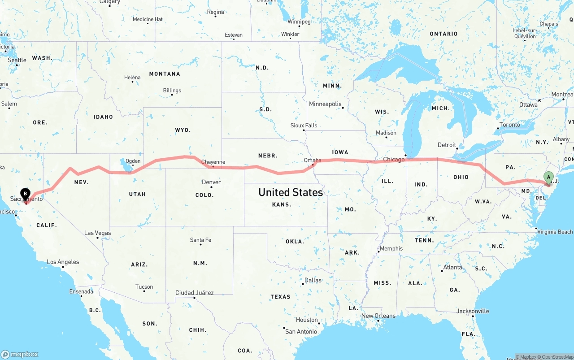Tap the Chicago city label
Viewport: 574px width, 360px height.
393,160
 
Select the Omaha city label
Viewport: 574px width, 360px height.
313,160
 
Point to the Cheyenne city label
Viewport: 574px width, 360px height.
213,162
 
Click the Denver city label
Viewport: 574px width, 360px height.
211,182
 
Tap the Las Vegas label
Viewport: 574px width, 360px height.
97,233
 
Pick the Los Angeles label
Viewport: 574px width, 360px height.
63,262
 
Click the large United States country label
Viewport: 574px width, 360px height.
290,192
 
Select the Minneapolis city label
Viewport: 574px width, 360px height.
325,104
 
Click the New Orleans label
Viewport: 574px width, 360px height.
378,316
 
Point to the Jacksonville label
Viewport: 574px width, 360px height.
473,311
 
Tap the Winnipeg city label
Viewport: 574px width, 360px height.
299,22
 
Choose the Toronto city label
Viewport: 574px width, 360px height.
509,125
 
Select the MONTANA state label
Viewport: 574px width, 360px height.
165,74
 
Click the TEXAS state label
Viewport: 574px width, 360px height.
280,297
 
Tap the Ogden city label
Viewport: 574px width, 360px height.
133,161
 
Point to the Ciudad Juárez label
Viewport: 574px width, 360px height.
194,293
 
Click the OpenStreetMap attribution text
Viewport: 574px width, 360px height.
557,357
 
